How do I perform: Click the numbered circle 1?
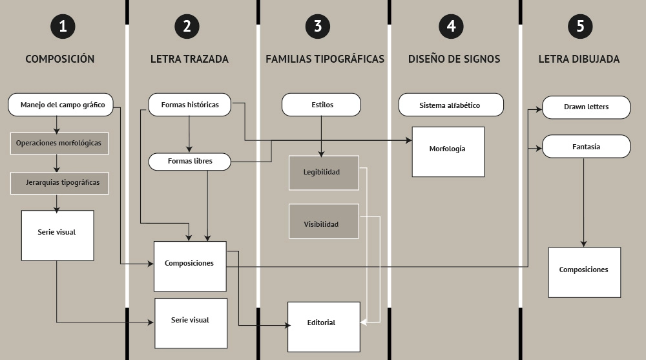click(x=63, y=26)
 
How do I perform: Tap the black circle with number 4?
click(x=451, y=26)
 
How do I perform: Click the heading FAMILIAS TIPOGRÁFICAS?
click(x=325, y=59)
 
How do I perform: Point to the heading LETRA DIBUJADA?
click(x=579, y=59)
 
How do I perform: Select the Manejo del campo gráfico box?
click(x=61, y=105)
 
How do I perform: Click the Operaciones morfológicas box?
click(x=59, y=143)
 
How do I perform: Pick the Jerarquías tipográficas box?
click(x=59, y=183)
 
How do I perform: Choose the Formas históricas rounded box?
click(x=189, y=105)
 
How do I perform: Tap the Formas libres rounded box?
click(x=189, y=162)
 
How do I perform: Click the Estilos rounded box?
click(x=321, y=105)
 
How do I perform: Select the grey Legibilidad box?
click(x=324, y=173)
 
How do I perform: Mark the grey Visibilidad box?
click(x=324, y=221)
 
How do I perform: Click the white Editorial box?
click(x=324, y=327)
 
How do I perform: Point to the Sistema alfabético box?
click(x=451, y=105)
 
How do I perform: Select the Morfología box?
click(x=448, y=152)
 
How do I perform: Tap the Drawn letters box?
click(x=587, y=107)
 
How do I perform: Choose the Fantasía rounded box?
click(x=587, y=147)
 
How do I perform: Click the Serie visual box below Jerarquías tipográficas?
click(x=57, y=235)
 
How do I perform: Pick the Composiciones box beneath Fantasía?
click(x=585, y=273)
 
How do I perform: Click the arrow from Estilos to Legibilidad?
click(x=321, y=136)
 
